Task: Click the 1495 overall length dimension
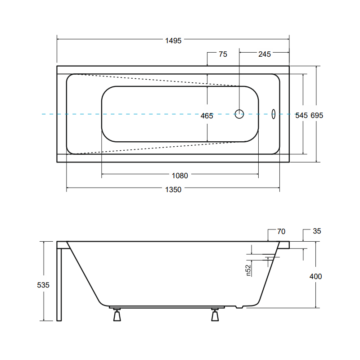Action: pos(173,40)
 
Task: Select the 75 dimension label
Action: pos(223,54)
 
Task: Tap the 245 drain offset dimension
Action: pos(265,54)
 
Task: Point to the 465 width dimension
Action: pos(207,116)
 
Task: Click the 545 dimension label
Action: pos(301,115)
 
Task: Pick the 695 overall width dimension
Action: pos(317,115)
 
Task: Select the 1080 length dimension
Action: pos(180,175)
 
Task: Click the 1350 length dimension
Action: pos(173,189)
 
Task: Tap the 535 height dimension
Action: pos(43,285)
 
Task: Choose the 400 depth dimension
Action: pos(316,276)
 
